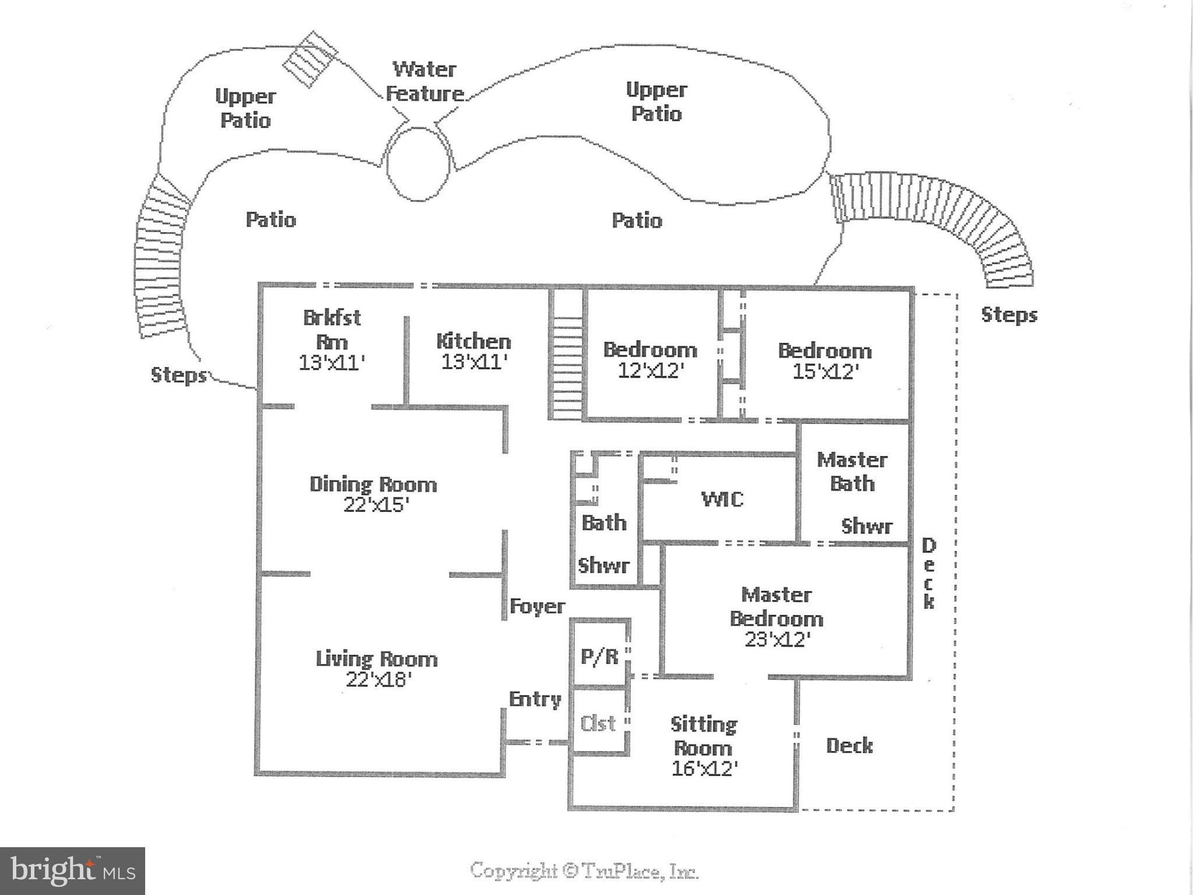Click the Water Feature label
tap(425, 81)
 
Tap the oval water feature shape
tap(419, 164)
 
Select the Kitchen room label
tap(473, 341)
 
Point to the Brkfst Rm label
tap(332, 329)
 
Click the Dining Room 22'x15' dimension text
tap(373, 505)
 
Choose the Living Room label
tap(377, 659)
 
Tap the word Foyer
tap(537, 606)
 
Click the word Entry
tap(535, 699)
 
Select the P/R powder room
tap(599, 656)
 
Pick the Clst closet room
tap(599, 723)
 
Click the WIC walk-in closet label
tap(722, 499)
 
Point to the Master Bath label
tap(852, 472)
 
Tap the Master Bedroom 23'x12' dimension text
tap(778, 640)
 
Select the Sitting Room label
tap(704, 736)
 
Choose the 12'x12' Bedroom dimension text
tap(650, 371)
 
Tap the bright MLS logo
tap(72, 871)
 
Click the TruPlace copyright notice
tap(584, 871)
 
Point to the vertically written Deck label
tap(928, 574)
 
